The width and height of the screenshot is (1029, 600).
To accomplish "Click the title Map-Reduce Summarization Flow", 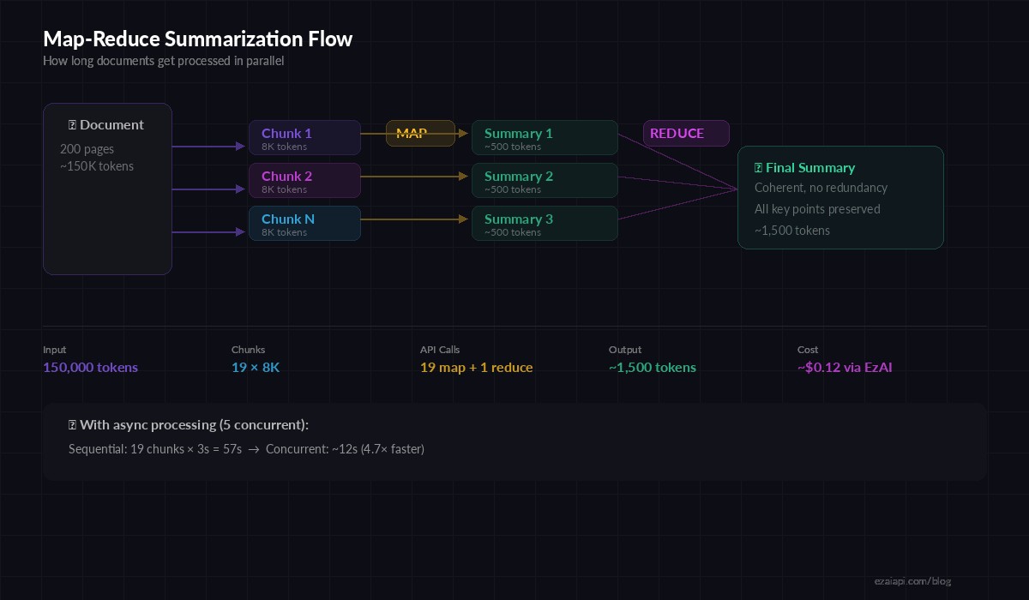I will [x=197, y=39].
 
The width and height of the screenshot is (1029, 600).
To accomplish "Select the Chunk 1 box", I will [x=304, y=138].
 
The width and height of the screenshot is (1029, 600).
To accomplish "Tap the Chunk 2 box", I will [x=304, y=181].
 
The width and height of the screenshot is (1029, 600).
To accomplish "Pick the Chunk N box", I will [x=304, y=224].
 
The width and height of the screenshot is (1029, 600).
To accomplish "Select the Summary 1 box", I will [x=545, y=138].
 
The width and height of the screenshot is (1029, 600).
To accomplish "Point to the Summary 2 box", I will [x=545, y=181].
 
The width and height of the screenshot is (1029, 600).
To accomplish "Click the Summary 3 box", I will [x=545, y=224].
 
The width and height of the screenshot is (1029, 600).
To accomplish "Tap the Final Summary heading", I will [x=809, y=168].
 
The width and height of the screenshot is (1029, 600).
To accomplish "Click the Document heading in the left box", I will [x=111, y=125].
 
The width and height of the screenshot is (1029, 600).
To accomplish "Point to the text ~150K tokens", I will [x=97, y=166].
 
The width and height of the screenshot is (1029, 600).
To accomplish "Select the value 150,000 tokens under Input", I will [x=90, y=368].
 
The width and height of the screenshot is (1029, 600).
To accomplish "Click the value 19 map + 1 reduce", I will [x=476, y=368].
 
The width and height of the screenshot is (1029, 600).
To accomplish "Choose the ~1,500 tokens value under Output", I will [x=652, y=368].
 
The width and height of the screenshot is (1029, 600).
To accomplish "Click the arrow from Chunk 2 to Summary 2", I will [x=416, y=177].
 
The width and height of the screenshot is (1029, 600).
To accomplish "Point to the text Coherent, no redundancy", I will [x=821, y=188].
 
